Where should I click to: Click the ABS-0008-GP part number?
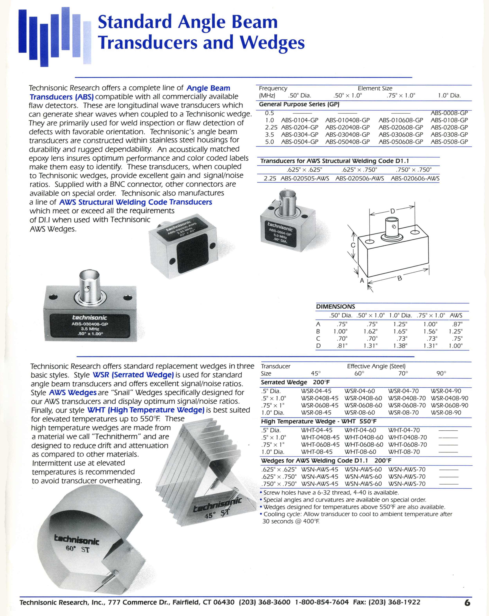pos(449,113)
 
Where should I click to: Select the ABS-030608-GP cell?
pos(401,134)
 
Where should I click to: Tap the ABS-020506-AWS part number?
pos(360,179)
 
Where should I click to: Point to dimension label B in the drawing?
pos(400,278)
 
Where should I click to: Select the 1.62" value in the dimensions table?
pos(370,331)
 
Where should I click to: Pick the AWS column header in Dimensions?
pos(456,315)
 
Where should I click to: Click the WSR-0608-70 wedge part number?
pos(407,405)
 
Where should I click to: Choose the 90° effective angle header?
pos(441,374)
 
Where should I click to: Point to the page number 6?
pos(467,603)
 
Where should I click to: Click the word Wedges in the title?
pos(272,43)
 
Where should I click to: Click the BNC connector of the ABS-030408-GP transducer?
pos(89,286)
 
